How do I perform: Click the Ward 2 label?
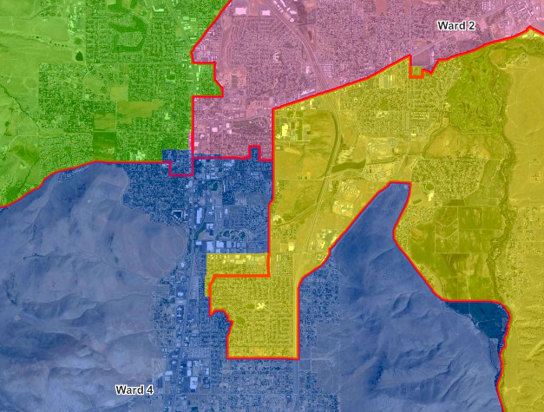point(455,26)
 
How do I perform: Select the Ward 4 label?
point(134,389)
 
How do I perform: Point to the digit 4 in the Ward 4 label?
point(150,389)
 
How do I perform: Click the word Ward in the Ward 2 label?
point(449,26)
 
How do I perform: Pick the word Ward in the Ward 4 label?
point(129,389)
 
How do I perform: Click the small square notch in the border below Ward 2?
point(417,71)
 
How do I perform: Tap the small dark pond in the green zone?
point(80,56)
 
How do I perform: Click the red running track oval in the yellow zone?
point(344,208)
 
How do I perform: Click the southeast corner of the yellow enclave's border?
point(298,356)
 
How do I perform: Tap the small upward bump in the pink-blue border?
point(255,153)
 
